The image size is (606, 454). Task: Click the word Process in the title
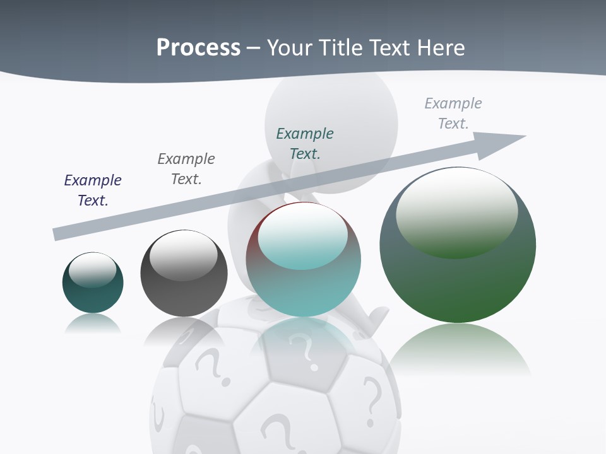[x=198, y=48]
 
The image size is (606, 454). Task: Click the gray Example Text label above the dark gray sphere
[x=186, y=169]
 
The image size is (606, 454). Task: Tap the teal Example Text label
[x=305, y=144]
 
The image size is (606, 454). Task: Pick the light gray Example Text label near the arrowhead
[x=453, y=113]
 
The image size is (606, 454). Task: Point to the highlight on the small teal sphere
[x=92, y=269]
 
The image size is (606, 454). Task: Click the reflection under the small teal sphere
[x=93, y=324]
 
